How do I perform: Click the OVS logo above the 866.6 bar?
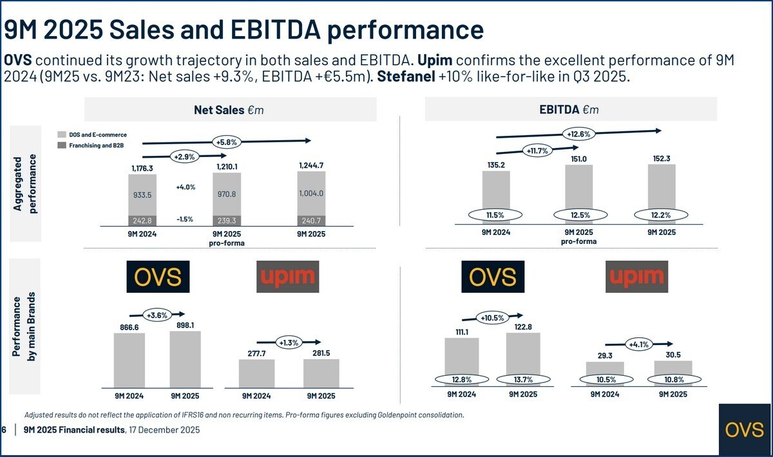click(158, 277)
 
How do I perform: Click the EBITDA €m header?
click(569, 109)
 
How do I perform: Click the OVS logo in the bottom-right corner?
click(744, 430)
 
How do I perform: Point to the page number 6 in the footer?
click(4, 430)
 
